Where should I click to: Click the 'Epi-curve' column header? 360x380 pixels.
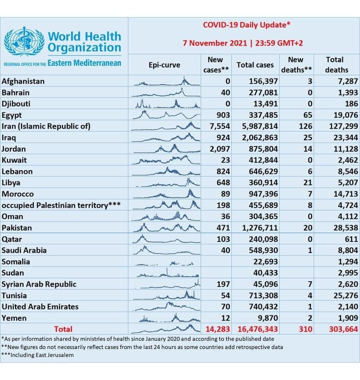click(x=164, y=65)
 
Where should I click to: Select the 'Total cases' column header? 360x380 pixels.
click(x=255, y=65)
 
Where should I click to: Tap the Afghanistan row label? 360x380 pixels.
click(x=23, y=81)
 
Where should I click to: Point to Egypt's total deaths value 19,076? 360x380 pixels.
click(x=343, y=115)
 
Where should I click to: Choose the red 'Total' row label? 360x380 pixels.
click(x=63, y=329)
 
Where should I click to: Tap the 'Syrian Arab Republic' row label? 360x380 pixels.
click(x=39, y=284)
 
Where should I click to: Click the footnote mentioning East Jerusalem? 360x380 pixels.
click(x=38, y=355)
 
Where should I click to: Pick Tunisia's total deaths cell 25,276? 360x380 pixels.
click(x=343, y=295)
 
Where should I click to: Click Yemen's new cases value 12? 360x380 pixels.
click(x=225, y=318)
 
